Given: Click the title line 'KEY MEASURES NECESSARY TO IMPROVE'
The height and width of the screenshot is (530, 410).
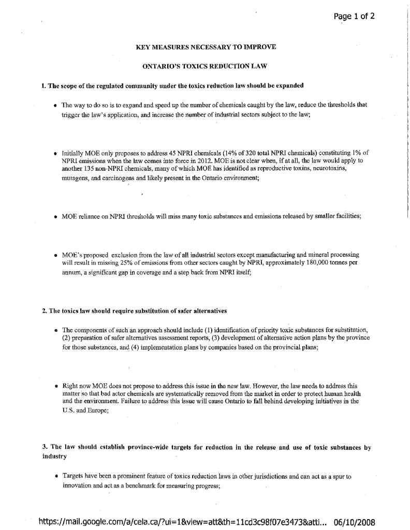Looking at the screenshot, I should coord(206,47).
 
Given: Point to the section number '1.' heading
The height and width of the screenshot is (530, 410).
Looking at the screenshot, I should coord(44,85).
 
